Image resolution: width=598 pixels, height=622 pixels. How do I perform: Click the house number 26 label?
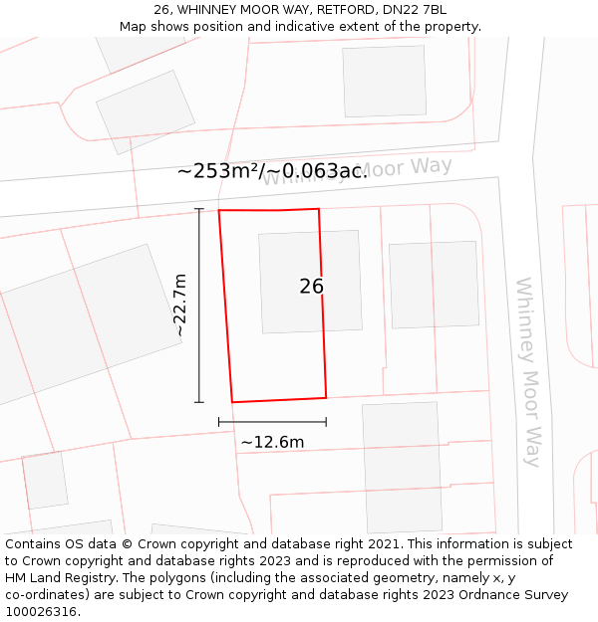[311, 287]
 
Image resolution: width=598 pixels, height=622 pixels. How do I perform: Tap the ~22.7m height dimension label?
[179, 306]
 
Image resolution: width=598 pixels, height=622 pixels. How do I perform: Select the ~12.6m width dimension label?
[272, 442]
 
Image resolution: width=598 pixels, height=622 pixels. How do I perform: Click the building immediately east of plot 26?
[434, 284]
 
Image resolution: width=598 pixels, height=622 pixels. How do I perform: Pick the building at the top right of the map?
[384, 81]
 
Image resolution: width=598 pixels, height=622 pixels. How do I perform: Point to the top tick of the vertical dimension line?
[199, 209]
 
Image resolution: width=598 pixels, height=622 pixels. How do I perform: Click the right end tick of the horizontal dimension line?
[326, 422]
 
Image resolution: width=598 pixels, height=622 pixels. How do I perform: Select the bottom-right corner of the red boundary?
[326, 397]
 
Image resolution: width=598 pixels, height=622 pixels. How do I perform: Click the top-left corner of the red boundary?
[219, 211]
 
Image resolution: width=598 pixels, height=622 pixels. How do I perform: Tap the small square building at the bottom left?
[45, 481]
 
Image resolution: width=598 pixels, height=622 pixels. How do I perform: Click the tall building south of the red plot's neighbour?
[402, 467]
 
